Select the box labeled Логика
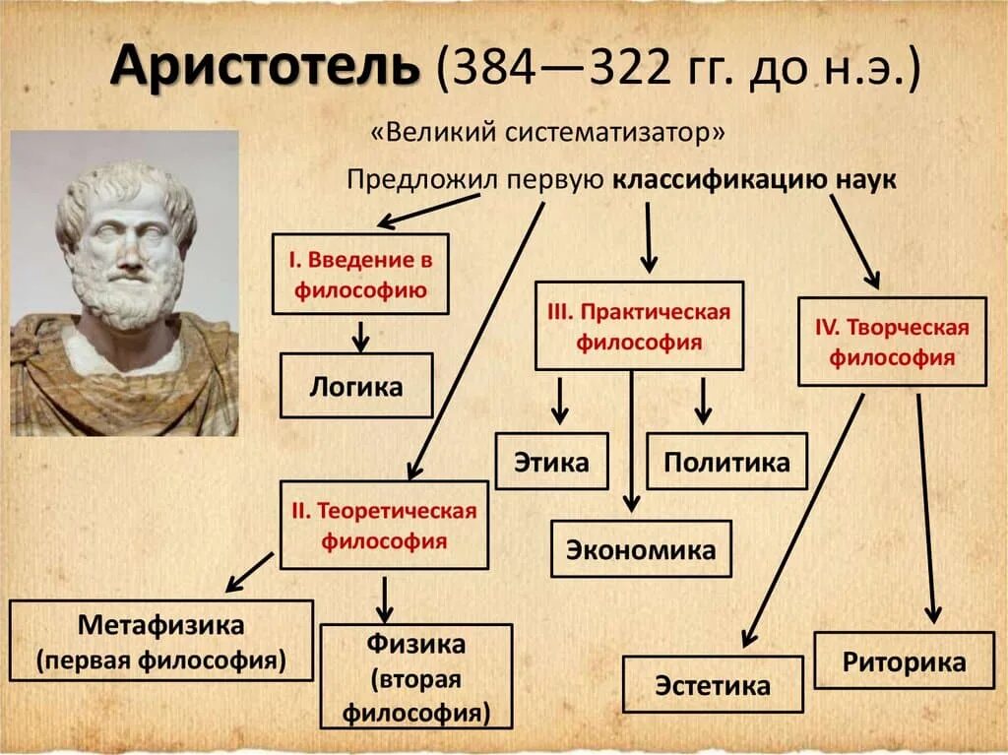pos(356,386)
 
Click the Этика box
pos(551,462)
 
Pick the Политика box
pos(726,462)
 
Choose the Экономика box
pos(640,549)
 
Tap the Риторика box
pos(904,661)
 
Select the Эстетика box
pos(713,685)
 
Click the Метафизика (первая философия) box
pos(161,642)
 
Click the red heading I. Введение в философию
pos(359,275)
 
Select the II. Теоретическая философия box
pos(384,526)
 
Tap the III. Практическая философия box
pos(639,327)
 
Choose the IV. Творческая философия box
pos(892,342)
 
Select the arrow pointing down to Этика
pos(559,401)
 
